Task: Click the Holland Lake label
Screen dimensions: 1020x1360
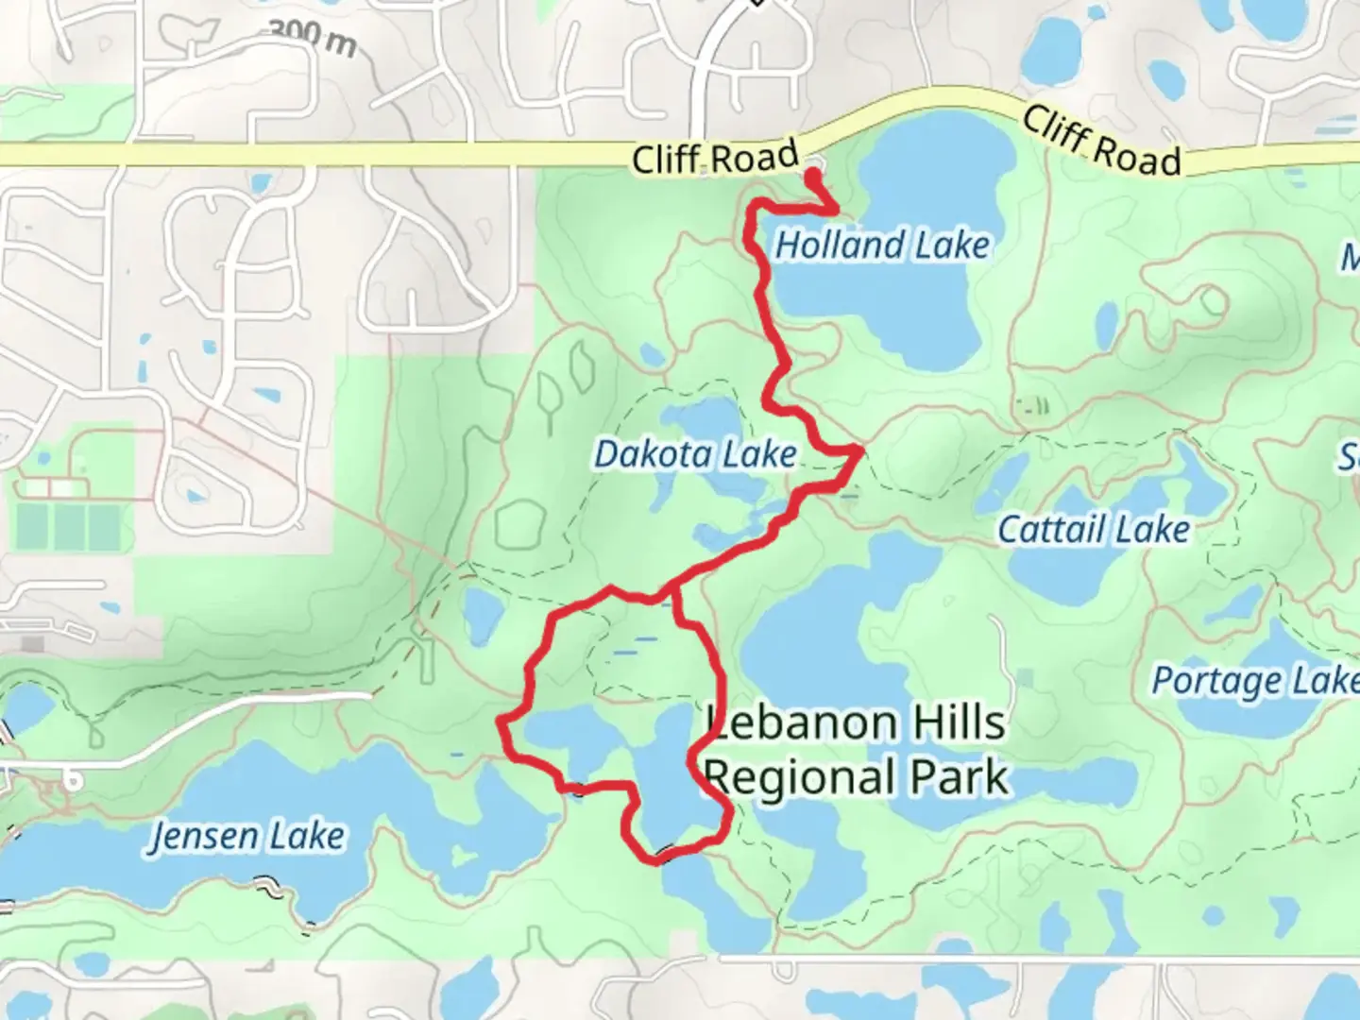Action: [882, 246]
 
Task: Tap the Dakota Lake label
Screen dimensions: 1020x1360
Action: [695, 454]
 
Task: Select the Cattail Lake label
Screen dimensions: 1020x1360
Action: [1094, 530]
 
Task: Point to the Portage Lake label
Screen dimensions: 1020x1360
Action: [1254, 681]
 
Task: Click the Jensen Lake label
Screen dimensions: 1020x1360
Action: [247, 837]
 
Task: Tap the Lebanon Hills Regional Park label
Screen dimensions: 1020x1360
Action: [856, 751]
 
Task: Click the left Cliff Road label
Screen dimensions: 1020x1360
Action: [715, 158]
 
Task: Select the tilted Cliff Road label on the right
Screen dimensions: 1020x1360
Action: [1101, 143]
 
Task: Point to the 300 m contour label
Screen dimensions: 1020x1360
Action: [312, 37]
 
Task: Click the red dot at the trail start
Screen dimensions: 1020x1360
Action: [812, 174]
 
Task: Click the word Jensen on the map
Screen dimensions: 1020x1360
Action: [203, 838]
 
